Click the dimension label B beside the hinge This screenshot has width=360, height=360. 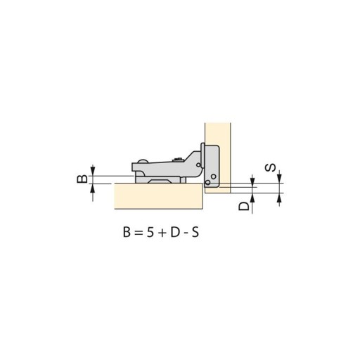[82, 179]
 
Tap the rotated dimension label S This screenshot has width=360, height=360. [270, 168]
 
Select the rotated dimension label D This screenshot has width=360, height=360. [244, 206]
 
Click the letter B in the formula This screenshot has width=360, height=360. [127, 233]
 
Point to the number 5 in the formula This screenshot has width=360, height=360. [150, 233]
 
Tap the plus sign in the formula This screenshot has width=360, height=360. [162, 233]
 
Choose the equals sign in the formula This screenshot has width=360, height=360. [139, 233]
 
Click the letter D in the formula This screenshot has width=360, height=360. [175, 233]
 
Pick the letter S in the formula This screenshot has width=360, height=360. [195, 233]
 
